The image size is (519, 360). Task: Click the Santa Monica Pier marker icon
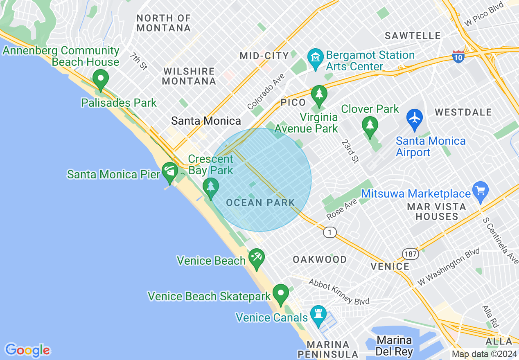[169, 171]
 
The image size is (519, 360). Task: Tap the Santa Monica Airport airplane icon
[415, 118]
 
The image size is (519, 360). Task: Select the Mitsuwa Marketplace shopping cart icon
[481, 191]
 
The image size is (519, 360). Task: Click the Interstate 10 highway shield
[458, 57]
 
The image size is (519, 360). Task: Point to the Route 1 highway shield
[329, 232]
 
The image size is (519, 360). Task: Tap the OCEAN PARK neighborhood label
[260, 202]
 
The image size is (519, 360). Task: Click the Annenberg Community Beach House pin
[101, 79]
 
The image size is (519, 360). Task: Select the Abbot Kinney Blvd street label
[339, 292]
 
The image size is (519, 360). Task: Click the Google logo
[27, 350]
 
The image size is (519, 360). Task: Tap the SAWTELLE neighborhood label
[413, 36]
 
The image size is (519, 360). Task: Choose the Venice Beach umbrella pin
[257, 258]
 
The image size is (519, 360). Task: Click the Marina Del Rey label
[395, 346]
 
